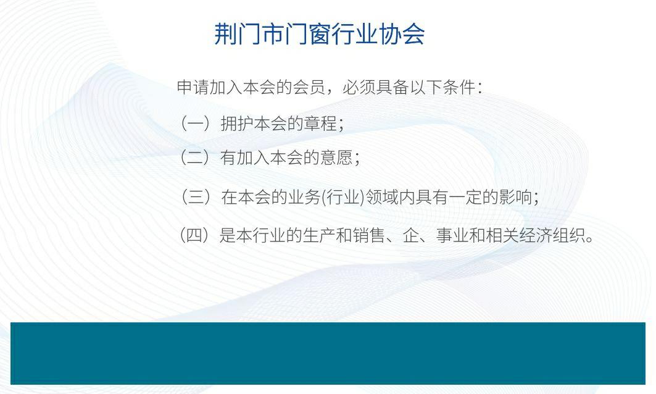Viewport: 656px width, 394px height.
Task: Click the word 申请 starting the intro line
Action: pyautogui.click(x=193, y=87)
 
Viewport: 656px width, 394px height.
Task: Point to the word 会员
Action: pyautogui.click(x=309, y=87)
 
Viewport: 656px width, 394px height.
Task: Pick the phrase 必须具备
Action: pyautogui.click(x=375, y=87)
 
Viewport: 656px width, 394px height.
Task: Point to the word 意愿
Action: pyautogui.click(x=336, y=158)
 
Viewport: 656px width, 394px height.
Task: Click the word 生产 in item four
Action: pyautogui.click(x=319, y=236)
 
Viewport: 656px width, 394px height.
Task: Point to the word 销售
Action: pyautogui.click(x=368, y=236)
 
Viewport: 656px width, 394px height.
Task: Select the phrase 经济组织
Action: pyautogui.click(x=552, y=236)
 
